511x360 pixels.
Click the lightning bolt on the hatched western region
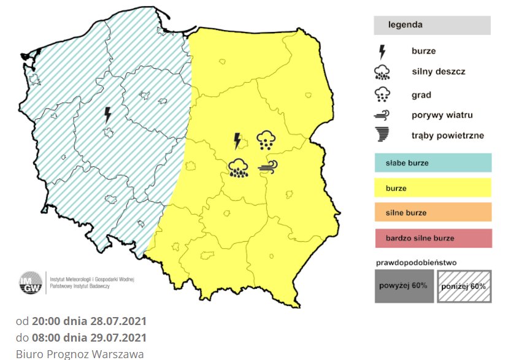[x=108, y=114]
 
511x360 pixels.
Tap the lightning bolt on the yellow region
[x=237, y=141]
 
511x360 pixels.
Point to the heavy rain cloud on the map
[x=239, y=168]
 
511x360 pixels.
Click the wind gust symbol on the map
[x=268, y=166]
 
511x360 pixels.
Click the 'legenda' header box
[x=432, y=25]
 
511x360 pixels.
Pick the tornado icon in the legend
[x=383, y=135]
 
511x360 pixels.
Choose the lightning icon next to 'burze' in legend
[x=382, y=52]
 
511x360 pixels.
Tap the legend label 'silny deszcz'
[x=438, y=72]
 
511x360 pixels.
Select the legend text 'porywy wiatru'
[x=442, y=115]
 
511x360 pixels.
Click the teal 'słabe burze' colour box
[x=432, y=163]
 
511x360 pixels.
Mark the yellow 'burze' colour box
[x=432, y=188]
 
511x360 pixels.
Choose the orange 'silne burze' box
[x=432, y=212]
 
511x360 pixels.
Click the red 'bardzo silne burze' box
[x=432, y=237]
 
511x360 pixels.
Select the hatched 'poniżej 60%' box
[x=463, y=286]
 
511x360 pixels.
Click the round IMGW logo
[x=30, y=283]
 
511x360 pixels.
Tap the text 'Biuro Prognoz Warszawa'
[x=80, y=354]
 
